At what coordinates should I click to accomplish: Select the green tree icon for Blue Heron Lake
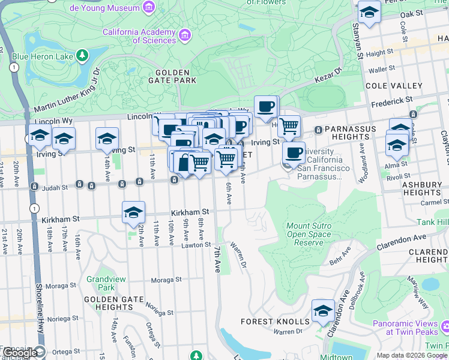point(82,56)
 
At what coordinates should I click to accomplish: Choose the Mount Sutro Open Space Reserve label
point(309,235)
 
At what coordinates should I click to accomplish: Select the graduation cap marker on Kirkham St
point(133,212)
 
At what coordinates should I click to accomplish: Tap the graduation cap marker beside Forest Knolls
point(323,311)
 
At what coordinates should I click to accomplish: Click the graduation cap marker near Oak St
point(369,12)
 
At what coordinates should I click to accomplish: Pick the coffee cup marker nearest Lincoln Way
point(266,107)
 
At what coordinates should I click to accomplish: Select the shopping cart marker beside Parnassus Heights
point(289,126)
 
